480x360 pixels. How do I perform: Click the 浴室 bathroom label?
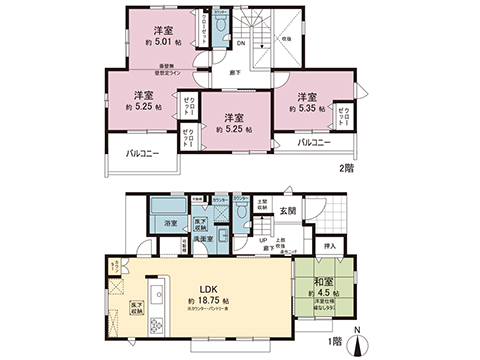click(x=170, y=224)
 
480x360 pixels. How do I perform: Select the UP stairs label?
click(x=263, y=240)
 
